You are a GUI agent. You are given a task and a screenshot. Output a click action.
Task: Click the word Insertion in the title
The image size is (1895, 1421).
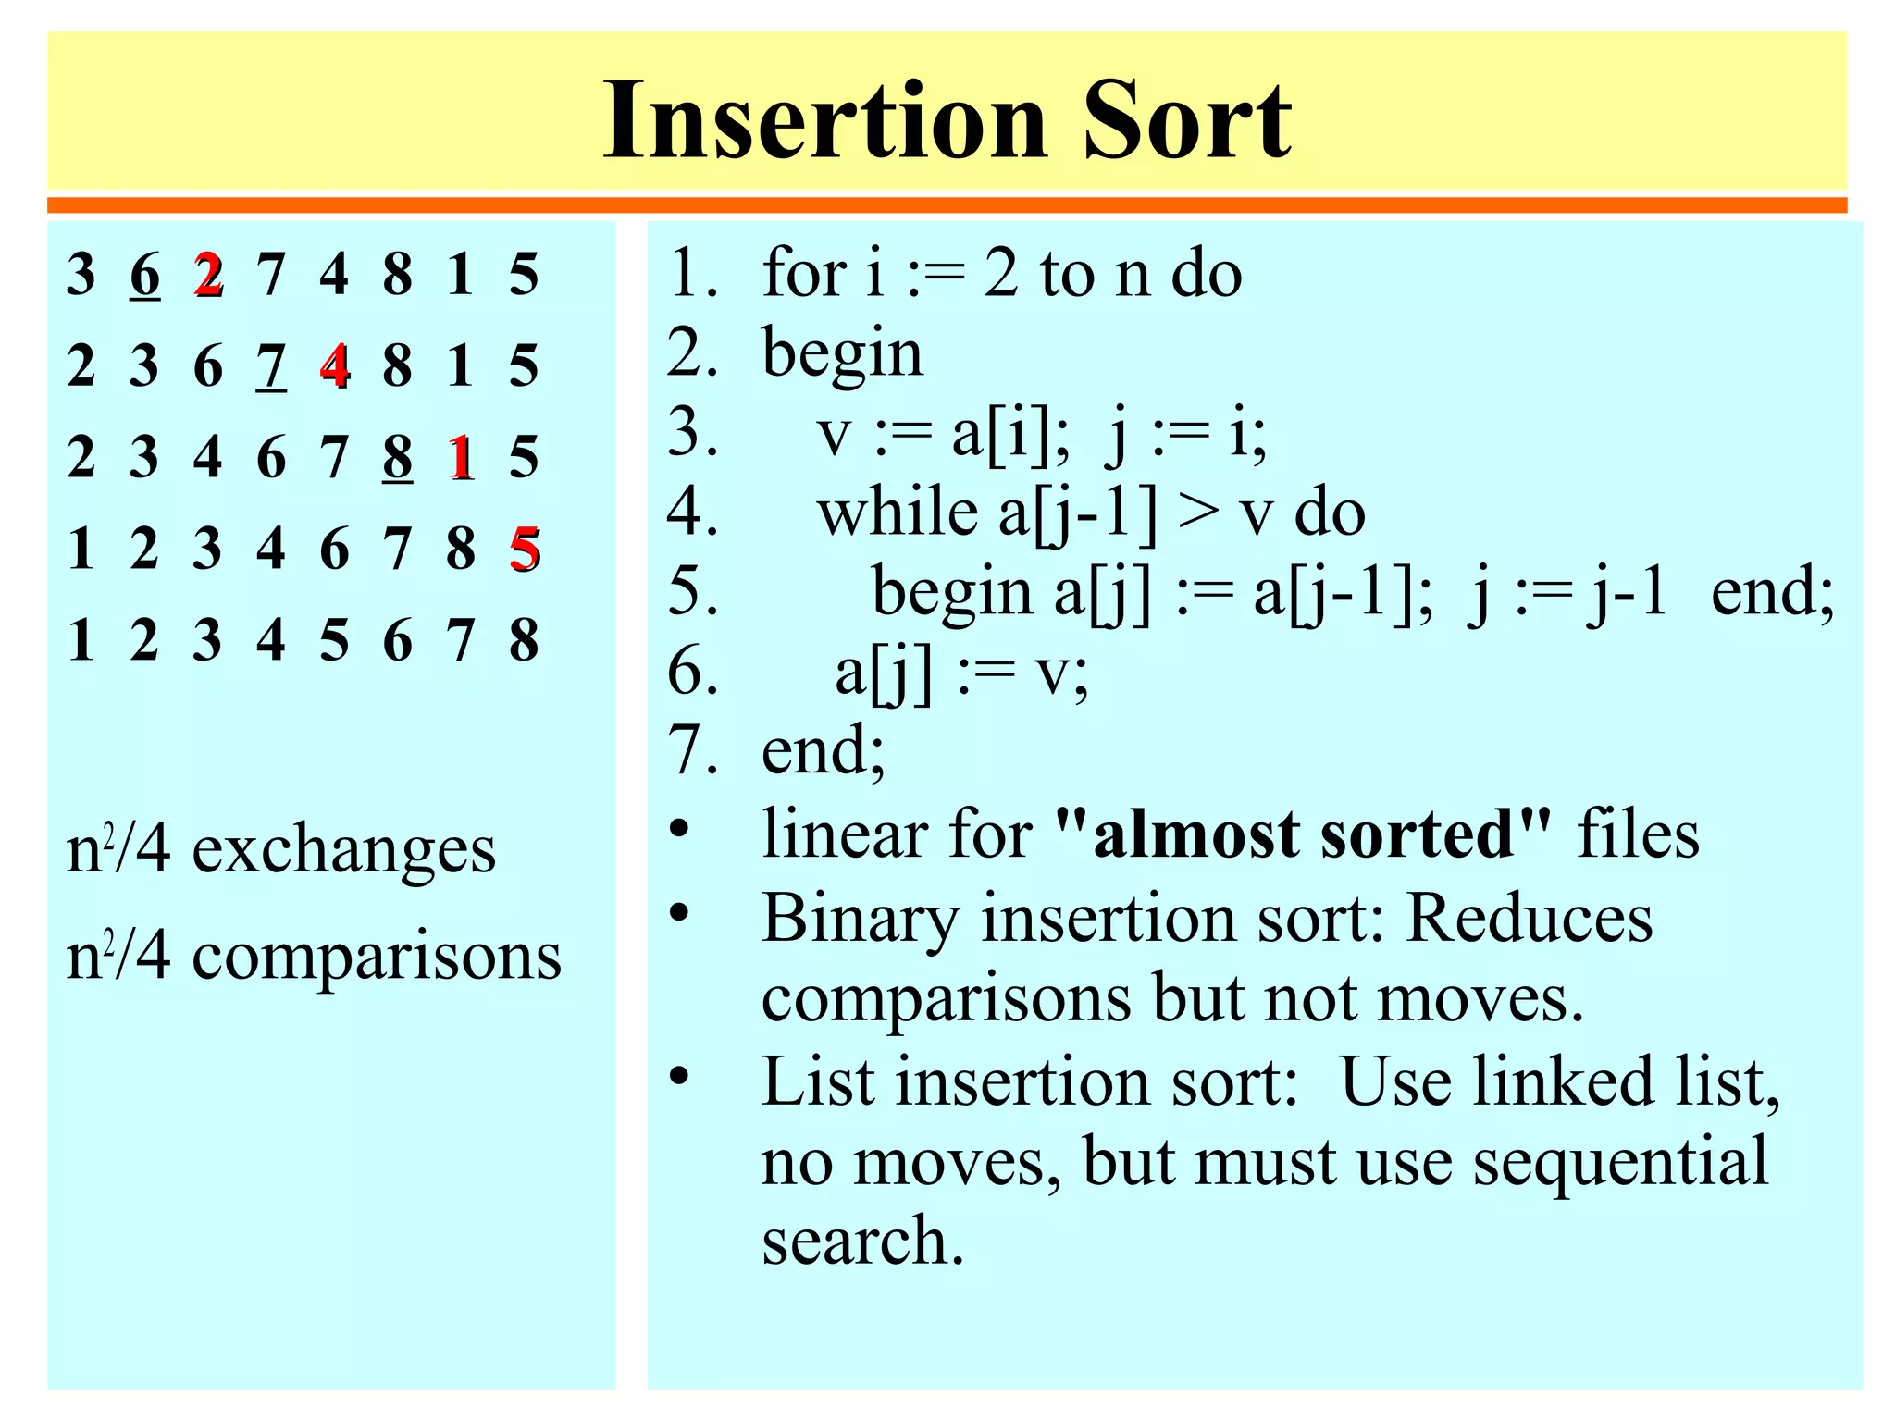point(824,121)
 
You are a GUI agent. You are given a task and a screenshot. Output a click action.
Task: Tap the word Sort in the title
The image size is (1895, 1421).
point(1187,121)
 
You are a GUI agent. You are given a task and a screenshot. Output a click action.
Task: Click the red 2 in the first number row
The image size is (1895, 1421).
point(208,275)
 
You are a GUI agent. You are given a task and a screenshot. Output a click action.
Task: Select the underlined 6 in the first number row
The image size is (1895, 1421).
point(144,275)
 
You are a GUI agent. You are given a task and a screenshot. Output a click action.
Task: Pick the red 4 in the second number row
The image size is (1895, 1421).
point(334,365)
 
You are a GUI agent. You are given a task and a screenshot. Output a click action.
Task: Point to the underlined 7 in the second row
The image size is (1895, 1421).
point(271,366)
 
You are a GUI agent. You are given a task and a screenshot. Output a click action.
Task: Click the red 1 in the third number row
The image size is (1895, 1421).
point(460,457)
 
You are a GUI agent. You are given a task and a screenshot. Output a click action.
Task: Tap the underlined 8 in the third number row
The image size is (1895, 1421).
point(397,457)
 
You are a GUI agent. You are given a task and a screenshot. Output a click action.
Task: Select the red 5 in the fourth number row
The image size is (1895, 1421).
point(524,549)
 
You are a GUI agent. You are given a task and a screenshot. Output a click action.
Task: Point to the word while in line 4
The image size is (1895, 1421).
point(898,513)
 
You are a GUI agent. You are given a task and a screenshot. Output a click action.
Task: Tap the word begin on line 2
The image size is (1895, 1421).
point(842,353)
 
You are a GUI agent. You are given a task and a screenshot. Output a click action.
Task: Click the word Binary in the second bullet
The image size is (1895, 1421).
point(861,920)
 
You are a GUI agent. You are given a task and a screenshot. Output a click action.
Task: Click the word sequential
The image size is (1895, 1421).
point(1620,1162)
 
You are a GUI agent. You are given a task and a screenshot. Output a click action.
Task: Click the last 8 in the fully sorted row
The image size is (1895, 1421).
point(524,640)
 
